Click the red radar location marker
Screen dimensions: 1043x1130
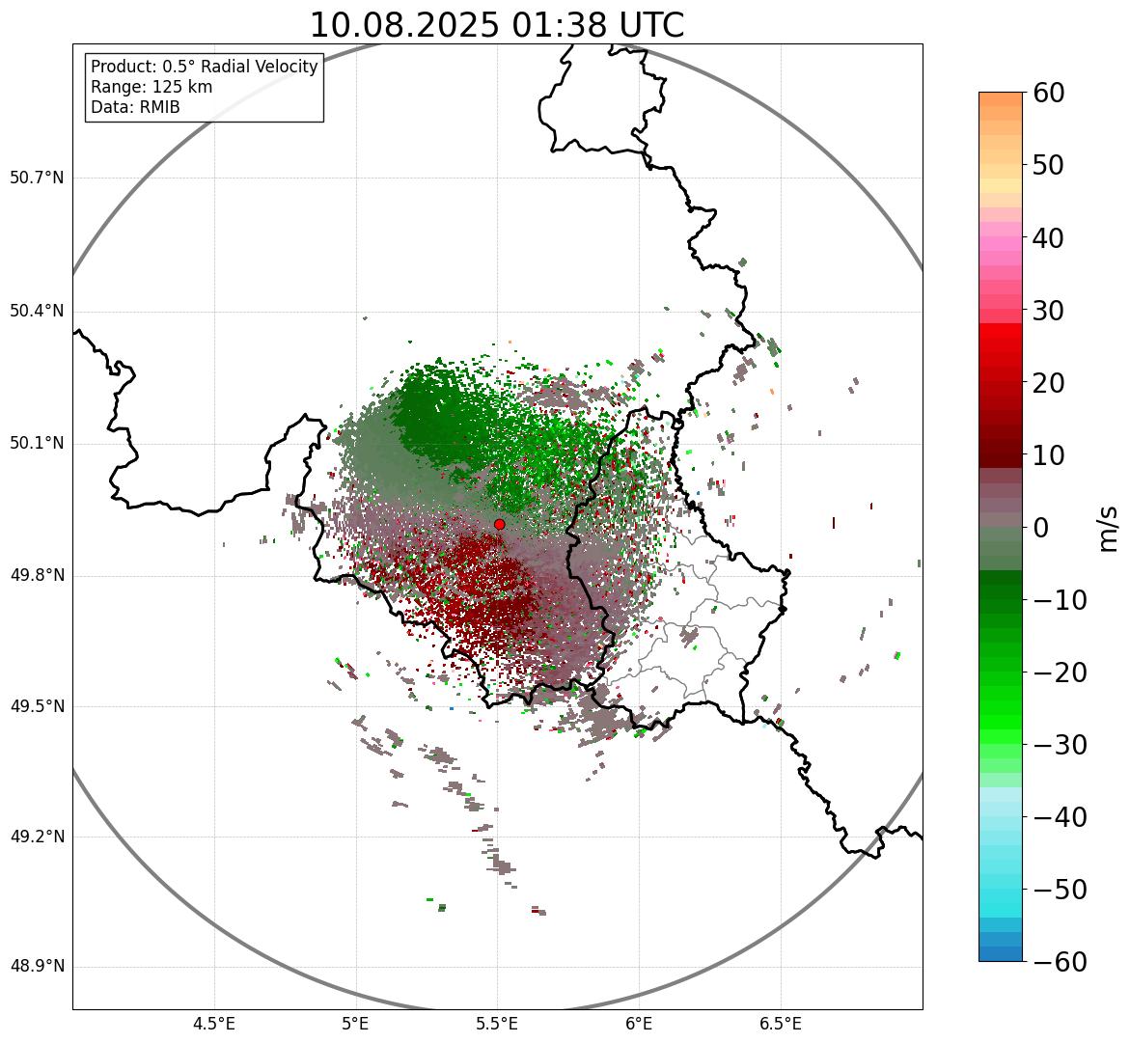pos(499,524)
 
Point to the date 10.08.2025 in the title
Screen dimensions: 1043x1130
pos(403,25)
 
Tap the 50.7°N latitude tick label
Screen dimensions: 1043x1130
pos(37,178)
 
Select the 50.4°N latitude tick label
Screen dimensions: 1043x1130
pos(37,311)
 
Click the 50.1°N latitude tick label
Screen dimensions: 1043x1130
pos(37,444)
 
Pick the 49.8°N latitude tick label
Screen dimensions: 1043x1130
pos(37,576)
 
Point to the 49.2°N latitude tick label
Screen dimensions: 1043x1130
pos(37,837)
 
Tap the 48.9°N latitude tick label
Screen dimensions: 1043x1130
pos(37,967)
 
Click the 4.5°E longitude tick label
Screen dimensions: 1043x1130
pos(214,1024)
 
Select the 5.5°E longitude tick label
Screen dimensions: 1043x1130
pos(497,1024)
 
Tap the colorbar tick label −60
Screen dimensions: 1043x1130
pos(1059,962)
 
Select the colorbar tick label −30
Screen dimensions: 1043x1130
pos(1059,745)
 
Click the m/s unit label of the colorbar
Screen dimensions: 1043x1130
pos(1109,527)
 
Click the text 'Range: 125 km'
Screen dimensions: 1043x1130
pos(152,87)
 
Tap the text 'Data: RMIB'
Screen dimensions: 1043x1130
pos(135,107)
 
